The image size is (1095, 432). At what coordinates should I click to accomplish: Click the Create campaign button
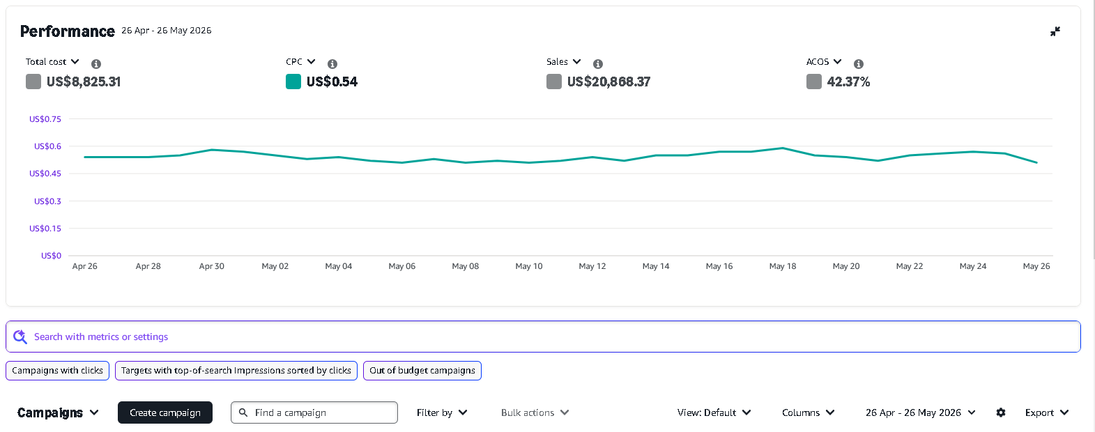pos(165,412)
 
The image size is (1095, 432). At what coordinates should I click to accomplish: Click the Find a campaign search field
pos(314,412)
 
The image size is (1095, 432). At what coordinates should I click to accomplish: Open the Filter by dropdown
pos(442,412)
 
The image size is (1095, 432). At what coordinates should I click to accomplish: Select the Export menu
pos(1047,412)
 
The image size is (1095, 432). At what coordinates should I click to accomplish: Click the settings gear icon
pos(1001,412)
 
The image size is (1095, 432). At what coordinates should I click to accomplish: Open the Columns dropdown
pos(808,412)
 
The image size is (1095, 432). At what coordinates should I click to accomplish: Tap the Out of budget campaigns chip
pos(422,371)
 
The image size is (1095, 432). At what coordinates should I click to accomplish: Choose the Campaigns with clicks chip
pos(57,371)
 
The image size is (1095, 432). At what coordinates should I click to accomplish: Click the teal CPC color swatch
pos(293,82)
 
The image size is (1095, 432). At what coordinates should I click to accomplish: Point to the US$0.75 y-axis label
pos(45,118)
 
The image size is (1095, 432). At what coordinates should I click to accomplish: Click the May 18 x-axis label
pos(783,266)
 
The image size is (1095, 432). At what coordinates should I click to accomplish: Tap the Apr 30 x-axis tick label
pos(212,266)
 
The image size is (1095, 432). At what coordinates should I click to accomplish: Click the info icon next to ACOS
pos(859,63)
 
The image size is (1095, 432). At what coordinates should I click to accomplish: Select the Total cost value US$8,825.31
pos(84,82)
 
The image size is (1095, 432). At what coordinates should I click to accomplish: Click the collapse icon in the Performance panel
pos(1055,32)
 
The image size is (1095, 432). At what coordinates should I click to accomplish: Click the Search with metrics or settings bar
pos(543,337)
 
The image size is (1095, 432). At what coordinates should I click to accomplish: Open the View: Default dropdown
pos(714,412)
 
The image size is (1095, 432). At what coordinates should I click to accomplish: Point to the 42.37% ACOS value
pos(849,82)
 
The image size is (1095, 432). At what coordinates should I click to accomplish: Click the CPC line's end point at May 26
pos(1036,162)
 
